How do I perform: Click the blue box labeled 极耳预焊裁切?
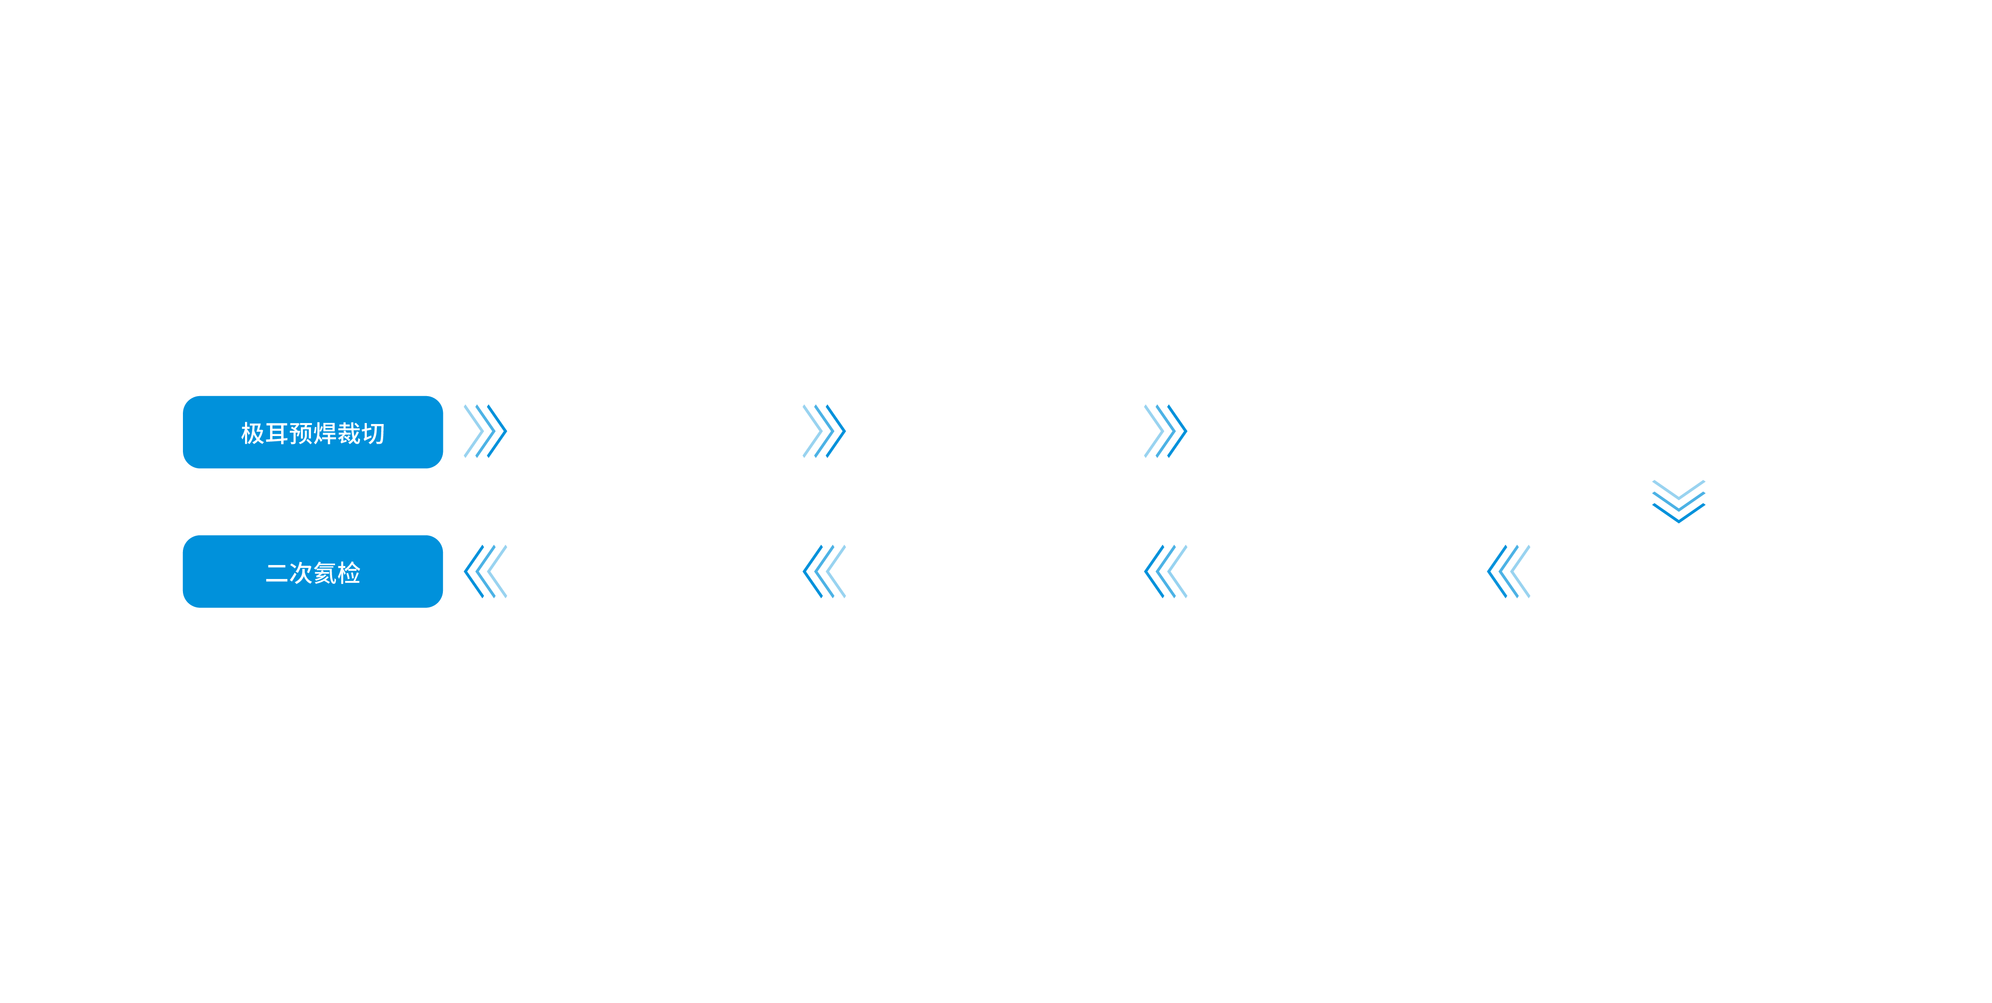pos(312,432)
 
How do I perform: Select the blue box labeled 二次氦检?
pos(312,571)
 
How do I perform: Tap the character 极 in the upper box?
pos(252,433)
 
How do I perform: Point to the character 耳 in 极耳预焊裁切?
pos(277,433)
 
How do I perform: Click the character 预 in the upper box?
pos(301,433)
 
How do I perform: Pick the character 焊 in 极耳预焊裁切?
pos(325,433)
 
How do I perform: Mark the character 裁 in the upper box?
pos(349,433)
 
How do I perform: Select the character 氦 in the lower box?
pos(325,573)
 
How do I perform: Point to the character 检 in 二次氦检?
pos(349,573)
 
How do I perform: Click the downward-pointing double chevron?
pos(1678,501)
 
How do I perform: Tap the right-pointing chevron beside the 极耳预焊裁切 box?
pos(485,431)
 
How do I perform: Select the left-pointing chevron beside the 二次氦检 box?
pos(485,571)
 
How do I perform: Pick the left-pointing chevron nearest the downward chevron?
pos(1508,571)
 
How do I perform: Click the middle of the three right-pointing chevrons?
pos(824,431)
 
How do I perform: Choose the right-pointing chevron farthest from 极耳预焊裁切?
pos(1165,431)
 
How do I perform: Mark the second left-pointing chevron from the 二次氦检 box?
pos(824,571)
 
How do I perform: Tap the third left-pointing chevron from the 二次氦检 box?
pos(1165,571)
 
